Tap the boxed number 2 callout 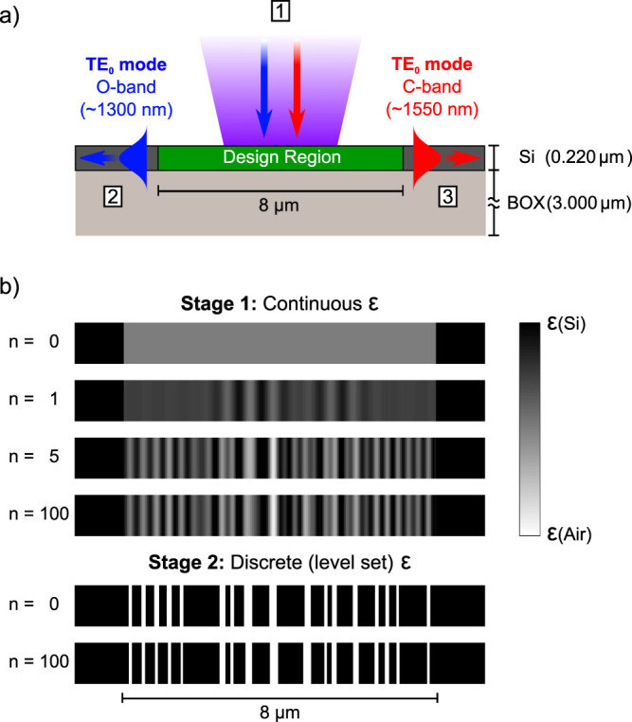click(x=112, y=197)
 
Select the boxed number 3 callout click(x=448, y=197)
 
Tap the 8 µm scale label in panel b click(x=280, y=710)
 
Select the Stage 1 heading click(x=280, y=305)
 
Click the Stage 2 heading click(x=280, y=569)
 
